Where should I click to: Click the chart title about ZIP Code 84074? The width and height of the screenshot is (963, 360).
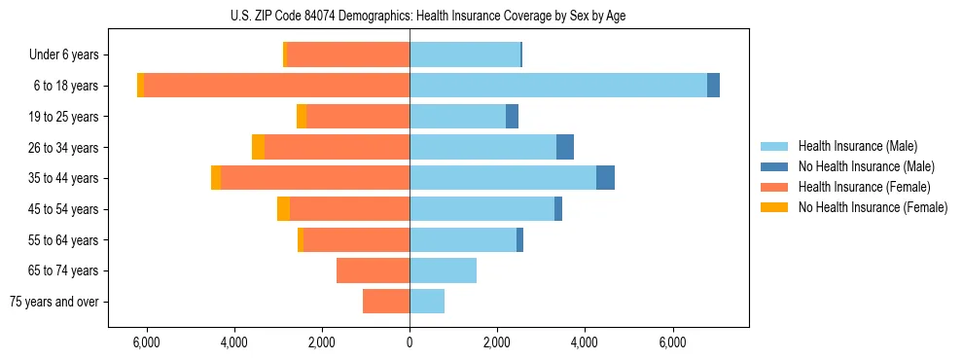[428, 16]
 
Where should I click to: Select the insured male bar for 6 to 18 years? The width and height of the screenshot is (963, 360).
[558, 86]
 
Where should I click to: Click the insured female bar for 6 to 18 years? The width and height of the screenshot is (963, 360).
[276, 86]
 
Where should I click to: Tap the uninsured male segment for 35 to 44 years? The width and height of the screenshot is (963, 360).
[605, 178]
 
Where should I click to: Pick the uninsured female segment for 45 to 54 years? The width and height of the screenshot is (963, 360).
[283, 209]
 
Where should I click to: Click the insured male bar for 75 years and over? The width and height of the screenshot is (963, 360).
[427, 302]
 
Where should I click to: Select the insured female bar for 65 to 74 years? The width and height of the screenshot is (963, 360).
[373, 270]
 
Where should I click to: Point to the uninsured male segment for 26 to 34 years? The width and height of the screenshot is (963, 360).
[565, 147]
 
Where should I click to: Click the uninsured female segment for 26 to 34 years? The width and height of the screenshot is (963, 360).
[258, 147]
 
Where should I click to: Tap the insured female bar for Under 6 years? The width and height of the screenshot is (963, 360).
[348, 55]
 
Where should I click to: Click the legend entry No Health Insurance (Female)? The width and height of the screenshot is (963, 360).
[873, 207]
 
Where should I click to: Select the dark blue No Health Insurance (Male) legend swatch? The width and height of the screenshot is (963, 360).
[774, 166]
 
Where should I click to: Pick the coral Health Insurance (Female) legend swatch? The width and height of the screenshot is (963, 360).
[774, 187]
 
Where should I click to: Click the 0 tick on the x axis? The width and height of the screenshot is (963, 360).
[410, 343]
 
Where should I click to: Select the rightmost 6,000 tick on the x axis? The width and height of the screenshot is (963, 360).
[672, 343]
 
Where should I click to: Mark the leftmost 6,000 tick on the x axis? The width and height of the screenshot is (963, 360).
[146, 343]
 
